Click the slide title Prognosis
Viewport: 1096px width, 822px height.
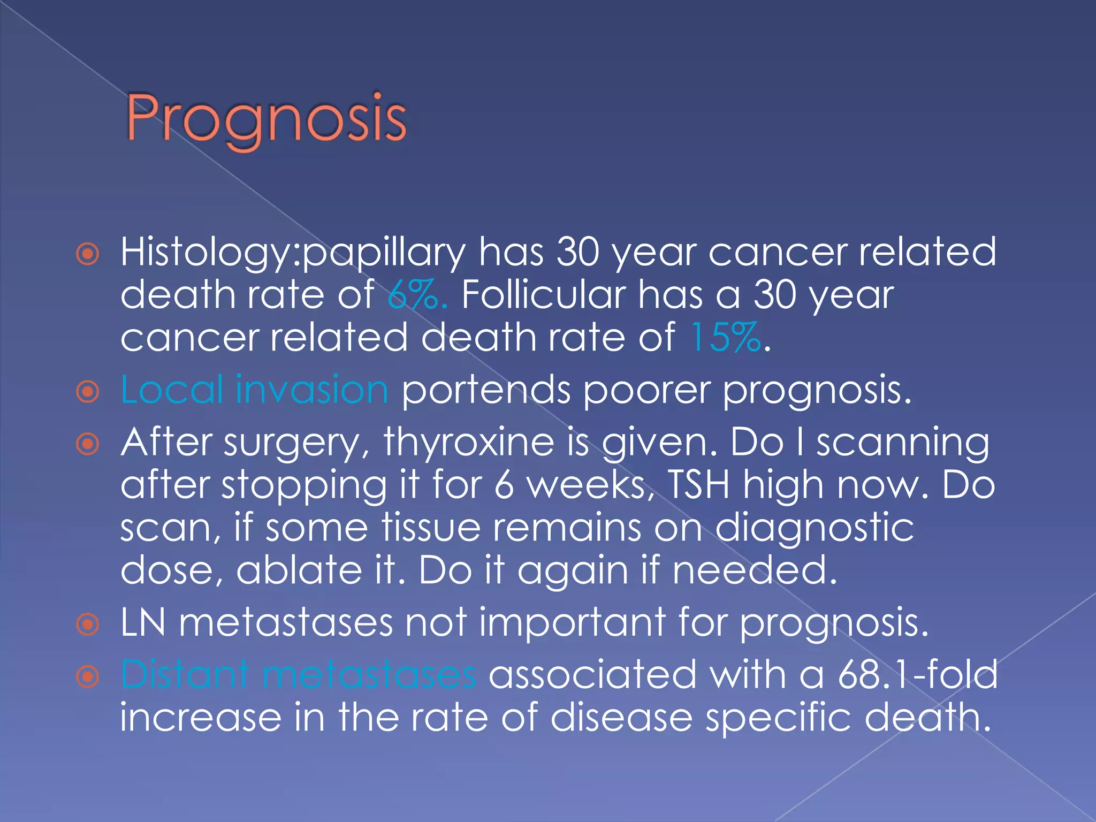[266, 119]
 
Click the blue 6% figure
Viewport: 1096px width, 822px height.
[416, 295]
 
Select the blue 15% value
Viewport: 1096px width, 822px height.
[725, 337]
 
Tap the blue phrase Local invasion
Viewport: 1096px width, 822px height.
[254, 390]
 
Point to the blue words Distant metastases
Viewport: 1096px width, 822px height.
[298, 675]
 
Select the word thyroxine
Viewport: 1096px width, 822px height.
[469, 443]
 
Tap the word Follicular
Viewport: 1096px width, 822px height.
[543, 295]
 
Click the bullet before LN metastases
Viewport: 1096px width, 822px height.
[88, 624]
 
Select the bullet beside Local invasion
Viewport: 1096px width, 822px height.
[88, 392]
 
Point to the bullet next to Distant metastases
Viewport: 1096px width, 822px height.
[88, 677]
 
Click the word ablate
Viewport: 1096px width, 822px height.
[299, 569]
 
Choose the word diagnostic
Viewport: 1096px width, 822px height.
[815, 528]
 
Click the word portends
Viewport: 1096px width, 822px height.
[486, 391]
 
